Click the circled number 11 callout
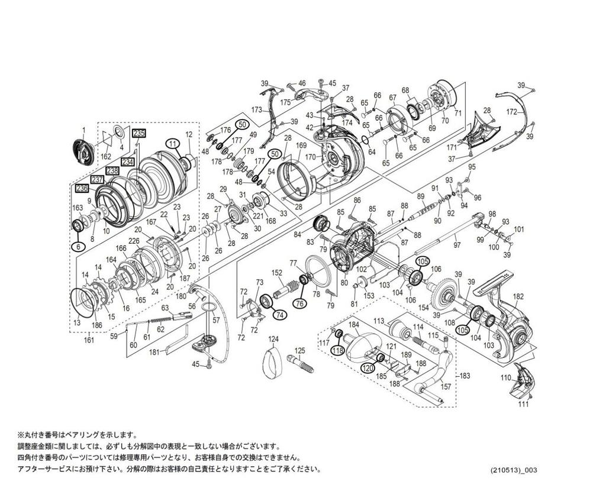pos(172,143)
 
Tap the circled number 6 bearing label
pos(77,247)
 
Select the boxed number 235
pos(138,133)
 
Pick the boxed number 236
pos(82,188)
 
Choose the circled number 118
pos(337,351)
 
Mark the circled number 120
pos(368,367)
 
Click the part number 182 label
pos(518,296)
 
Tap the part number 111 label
pos(523,404)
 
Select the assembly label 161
pos(89,341)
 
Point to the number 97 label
pos(456,245)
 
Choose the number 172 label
pos(512,112)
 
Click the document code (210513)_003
pos(514,470)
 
